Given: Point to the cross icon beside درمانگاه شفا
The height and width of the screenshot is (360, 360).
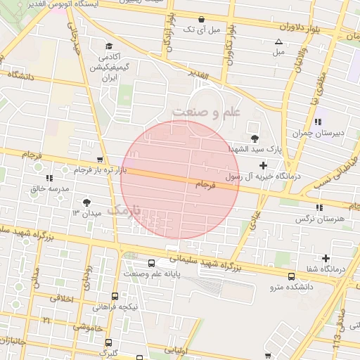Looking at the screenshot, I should click(x=326, y=258).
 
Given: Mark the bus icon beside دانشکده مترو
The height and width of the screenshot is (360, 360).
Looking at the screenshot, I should click(x=291, y=276).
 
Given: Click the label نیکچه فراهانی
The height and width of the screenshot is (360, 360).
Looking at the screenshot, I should click(x=116, y=307).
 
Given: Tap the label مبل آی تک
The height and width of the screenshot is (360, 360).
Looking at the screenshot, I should click(x=202, y=30).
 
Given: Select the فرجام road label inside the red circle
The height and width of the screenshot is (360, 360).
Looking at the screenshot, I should click(x=203, y=184).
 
